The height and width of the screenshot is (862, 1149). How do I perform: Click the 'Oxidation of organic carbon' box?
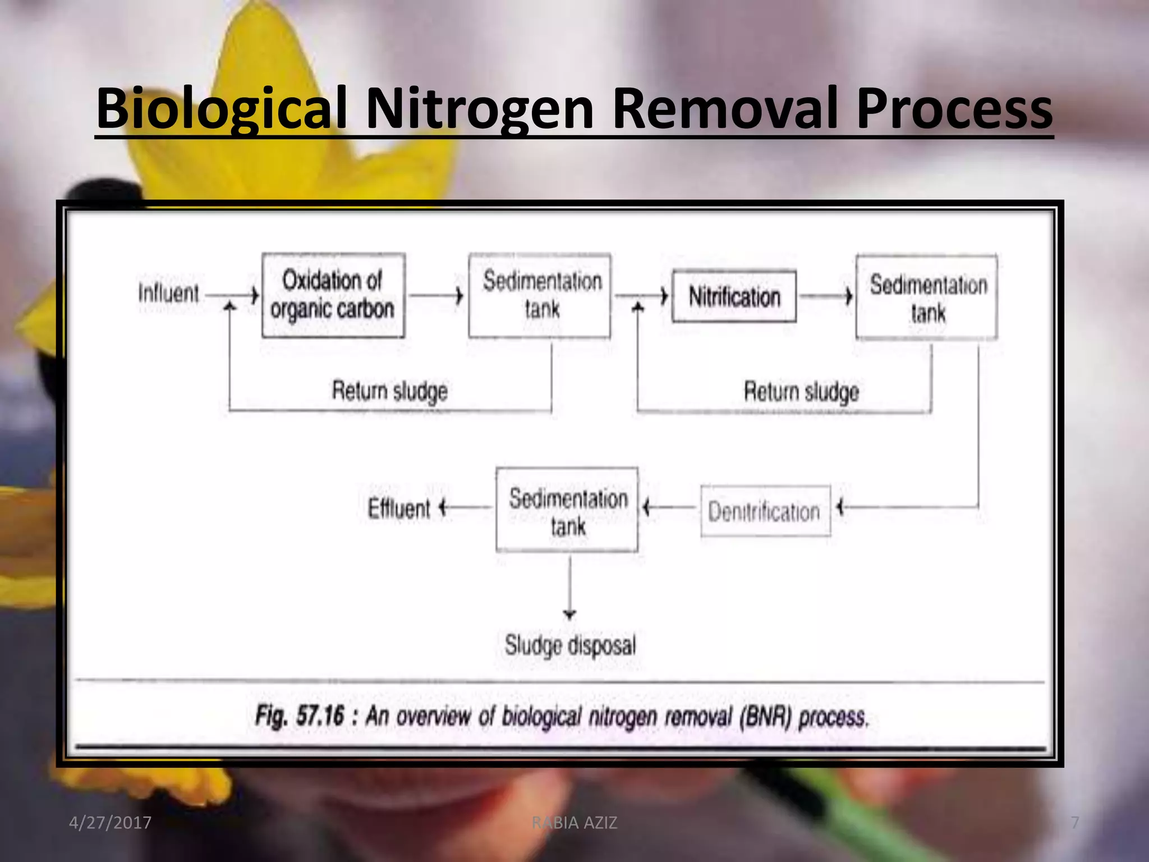pyautogui.click(x=333, y=295)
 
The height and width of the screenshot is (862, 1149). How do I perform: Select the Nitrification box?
pyautogui.click(x=734, y=296)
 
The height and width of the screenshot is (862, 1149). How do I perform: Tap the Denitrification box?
pyautogui.click(x=765, y=511)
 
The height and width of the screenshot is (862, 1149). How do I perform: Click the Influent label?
pyautogui.click(x=168, y=293)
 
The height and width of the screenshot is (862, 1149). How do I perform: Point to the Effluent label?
pyautogui.click(x=399, y=508)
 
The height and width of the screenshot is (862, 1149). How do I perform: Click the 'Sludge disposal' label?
pyautogui.click(x=570, y=645)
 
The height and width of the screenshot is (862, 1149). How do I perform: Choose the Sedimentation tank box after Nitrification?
pyautogui.click(x=927, y=297)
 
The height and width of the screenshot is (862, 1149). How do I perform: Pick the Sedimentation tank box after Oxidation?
pyautogui.click(x=540, y=295)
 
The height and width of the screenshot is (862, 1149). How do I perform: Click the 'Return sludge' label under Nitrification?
pyautogui.click(x=801, y=391)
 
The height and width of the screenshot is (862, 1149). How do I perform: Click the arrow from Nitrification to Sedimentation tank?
pyautogui.click(x=825, y=296)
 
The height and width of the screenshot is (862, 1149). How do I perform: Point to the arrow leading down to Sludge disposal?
pyautogui.click(x=570, y=587)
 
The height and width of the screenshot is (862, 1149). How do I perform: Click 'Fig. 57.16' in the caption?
pyautogui.click(x=299, y=716)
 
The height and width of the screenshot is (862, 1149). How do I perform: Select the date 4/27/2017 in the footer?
pyautogui.click(x=110, y=823)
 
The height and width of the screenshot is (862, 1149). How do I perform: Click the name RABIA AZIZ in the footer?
pyautogui.click(x=574, y=823)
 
